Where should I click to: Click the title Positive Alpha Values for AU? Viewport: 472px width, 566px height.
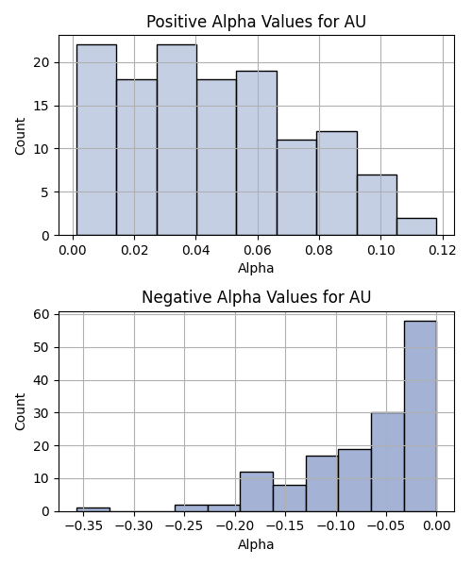(256, 22)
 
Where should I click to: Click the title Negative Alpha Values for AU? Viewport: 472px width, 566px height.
(256, 297)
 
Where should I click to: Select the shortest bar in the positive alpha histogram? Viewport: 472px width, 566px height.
(416, 226)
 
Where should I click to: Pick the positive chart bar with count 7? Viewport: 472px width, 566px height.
(377, 205)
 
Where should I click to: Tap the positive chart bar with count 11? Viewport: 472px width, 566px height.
(296, 188)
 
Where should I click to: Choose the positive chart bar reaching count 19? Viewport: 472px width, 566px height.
(257, 153)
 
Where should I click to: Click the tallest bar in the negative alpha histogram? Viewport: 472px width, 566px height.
(420, 416)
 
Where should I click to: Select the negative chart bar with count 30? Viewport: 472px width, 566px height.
(387, 462)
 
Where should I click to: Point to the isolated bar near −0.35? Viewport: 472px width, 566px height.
(93, 509)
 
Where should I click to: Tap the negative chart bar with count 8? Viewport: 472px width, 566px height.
(290, 498)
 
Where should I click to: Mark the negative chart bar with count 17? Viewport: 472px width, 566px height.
(322, 484)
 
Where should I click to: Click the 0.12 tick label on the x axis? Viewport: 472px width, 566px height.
(443, 250)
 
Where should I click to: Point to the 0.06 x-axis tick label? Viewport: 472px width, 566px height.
(258, 250)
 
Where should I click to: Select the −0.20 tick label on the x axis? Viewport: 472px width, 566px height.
(235, 526)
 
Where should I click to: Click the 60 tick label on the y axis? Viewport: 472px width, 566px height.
(42, 314)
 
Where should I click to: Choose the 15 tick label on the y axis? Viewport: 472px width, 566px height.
(42, 106)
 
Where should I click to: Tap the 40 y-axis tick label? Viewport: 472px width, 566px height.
(42, 380)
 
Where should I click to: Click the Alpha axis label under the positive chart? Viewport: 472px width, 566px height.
(256, 268)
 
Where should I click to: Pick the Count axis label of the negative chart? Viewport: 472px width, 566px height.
(20, 411)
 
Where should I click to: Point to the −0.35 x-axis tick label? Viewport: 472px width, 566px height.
(84, 526)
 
